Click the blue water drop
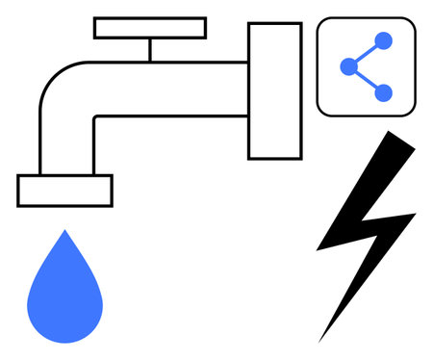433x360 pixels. click(x=64, y=294)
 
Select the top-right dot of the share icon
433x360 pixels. click(x=383, y=40)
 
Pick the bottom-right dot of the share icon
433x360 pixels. click(x=383, y=92)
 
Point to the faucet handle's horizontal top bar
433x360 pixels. click(x=150, y=28)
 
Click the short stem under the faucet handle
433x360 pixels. click(x=150, y=49)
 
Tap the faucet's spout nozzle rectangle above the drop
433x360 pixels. click(x=64, y=191)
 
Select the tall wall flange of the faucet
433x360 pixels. click(x=274, y=90)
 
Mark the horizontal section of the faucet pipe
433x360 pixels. click(x=173, y=89)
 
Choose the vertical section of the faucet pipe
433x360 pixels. click(x=66, y=144)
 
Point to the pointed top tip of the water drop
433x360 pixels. click(x=64, y=233)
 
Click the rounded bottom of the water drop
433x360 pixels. click(x=64, y=335)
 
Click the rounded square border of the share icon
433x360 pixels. click(x=318, y=66)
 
